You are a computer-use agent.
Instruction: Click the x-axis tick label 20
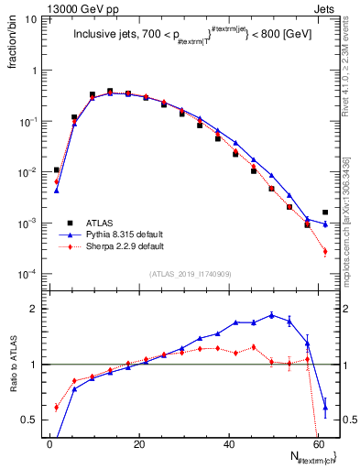point(139,445)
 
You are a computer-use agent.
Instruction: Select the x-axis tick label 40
point(229,445)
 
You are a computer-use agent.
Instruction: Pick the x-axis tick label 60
point(319,445)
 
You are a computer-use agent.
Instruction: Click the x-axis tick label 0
point(49,445)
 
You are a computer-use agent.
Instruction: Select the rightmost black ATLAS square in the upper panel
point(325,213)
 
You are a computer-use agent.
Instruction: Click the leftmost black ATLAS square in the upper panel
point(57,169)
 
